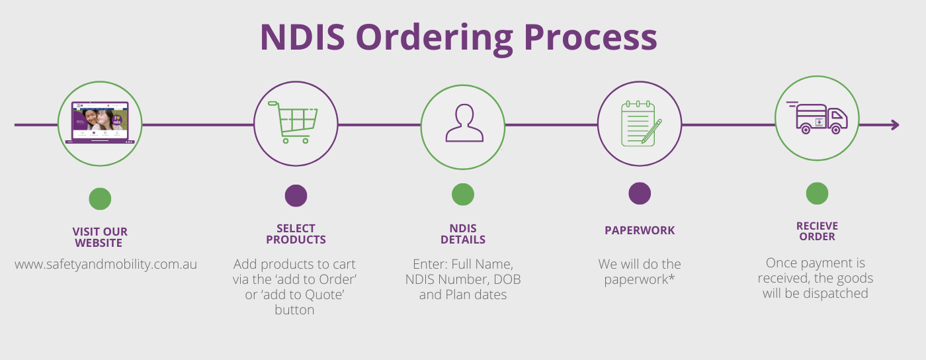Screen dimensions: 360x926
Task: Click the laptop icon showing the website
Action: tap(100, 122)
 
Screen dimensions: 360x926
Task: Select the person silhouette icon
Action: tap(464, 124)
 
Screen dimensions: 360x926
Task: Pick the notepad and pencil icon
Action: tap(640, 123)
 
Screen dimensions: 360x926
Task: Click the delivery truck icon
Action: tap(818, 119)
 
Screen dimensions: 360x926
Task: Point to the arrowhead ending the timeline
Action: tap(894, 124)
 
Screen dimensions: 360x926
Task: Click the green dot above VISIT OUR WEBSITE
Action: tap(100, 199)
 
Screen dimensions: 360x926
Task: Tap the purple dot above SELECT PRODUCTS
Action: tap(296, 196)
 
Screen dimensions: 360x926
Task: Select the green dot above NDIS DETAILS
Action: tap(463, 195)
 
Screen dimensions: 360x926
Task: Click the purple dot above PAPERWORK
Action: tap(640, 194)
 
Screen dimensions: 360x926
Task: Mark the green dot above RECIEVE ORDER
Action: tap(817, 193)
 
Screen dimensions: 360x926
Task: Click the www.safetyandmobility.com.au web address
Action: tap(106, 264)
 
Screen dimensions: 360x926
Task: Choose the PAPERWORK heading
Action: tap(640, 230)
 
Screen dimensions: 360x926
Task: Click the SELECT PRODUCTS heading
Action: tap(296, 234)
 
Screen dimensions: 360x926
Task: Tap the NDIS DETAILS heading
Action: tap(463, 234)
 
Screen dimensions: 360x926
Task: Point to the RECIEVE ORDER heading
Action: tap(817, 231)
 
